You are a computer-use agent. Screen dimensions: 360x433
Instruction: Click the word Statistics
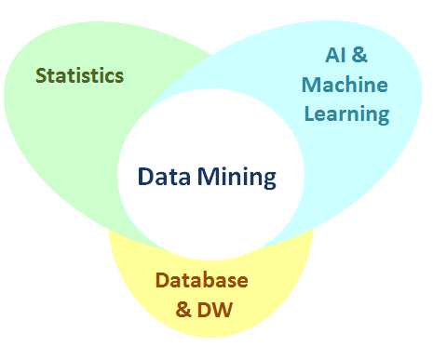(79, 75)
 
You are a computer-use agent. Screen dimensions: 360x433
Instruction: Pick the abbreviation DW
(216, 307)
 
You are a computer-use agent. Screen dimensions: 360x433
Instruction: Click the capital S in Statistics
(41, 75)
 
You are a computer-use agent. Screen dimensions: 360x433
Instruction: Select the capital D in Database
(162, 280)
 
